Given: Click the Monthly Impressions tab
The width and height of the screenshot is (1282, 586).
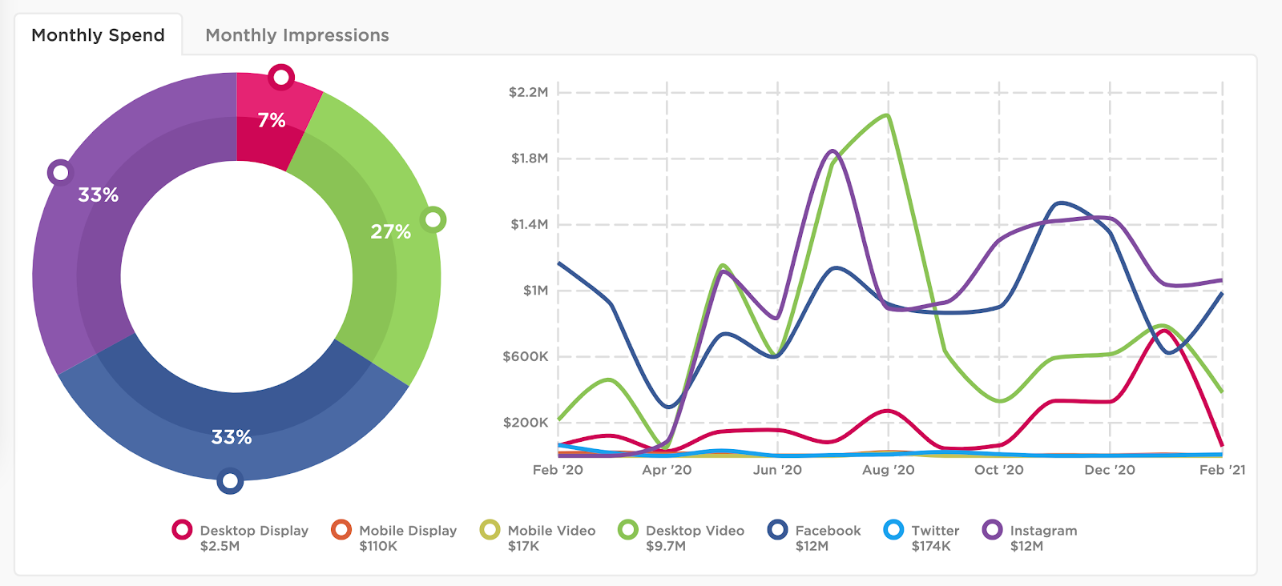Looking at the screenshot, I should click(296, 35).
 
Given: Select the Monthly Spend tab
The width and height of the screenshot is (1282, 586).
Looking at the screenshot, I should click(98, 35).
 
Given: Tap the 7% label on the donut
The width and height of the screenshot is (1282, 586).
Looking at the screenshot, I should click(272, 120).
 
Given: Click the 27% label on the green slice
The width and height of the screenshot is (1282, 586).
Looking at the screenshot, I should click(390, 232).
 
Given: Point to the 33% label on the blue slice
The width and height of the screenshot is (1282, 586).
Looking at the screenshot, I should click(232, 437).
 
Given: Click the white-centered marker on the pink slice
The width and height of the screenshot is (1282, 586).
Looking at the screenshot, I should click(281, 78).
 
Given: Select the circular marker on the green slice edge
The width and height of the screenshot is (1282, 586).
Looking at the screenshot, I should click(433, 219).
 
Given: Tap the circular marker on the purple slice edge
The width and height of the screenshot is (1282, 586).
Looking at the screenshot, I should click(60, 172).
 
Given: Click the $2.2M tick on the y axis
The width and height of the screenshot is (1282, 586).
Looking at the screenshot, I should click(529, 92).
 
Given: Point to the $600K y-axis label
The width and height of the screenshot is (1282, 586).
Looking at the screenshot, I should click(526, 356).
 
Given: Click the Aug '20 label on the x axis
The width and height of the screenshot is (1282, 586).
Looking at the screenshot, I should click(888, 470).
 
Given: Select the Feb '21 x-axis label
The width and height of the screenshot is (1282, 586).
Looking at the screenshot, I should click(1222, 470).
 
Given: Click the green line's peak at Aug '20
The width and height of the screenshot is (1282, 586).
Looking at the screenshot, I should click(887, 115).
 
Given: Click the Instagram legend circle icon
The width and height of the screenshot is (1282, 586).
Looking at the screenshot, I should click(993, 530).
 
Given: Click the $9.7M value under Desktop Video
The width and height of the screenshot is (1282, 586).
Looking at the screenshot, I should click(665, 546).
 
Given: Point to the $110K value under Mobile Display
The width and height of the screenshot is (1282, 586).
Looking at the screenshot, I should click(378, 546).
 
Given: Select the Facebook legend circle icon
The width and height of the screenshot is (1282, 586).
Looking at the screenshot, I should click(777, 530).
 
